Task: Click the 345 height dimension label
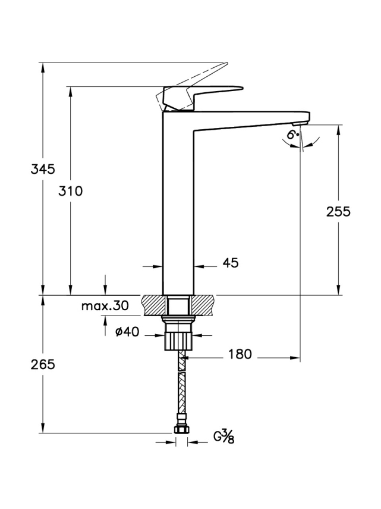pyautogui.click(x=43, y=169)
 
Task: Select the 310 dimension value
pyautogui.click(x=70, y=191)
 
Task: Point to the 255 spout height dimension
pyautogui.click(x=338, y=211)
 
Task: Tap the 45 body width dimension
pyautogui.click(x=231, y=263)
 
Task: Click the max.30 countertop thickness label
pyautogui.click(x=105, y=307)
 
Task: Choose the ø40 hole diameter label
pyautogui.click(x=127, y=332)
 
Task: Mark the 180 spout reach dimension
pyautogui.click(x=240, y=355)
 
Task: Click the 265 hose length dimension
pyautogui.click(x=43, y=364)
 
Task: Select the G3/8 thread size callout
pyautogui.click(x=224, y=437)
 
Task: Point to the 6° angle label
pyautogui.click(x=292, y=135)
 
